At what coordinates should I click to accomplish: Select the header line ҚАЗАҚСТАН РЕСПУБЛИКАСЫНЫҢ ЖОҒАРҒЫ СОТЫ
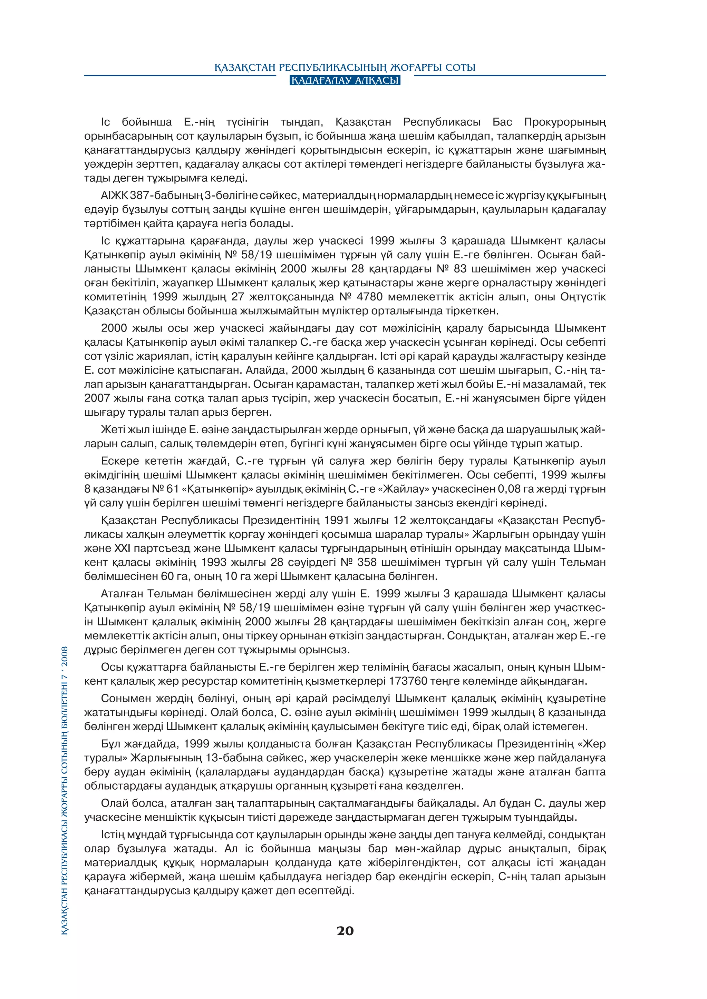coord(345,68)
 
